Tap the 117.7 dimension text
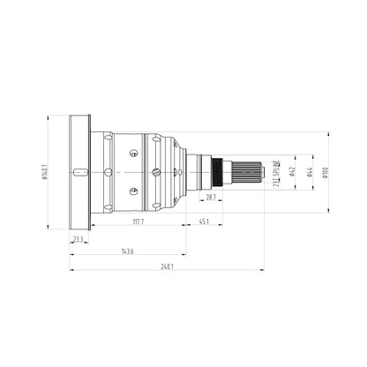138,221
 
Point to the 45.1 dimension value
204,221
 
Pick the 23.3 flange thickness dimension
79,238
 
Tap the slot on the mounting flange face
80,171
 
